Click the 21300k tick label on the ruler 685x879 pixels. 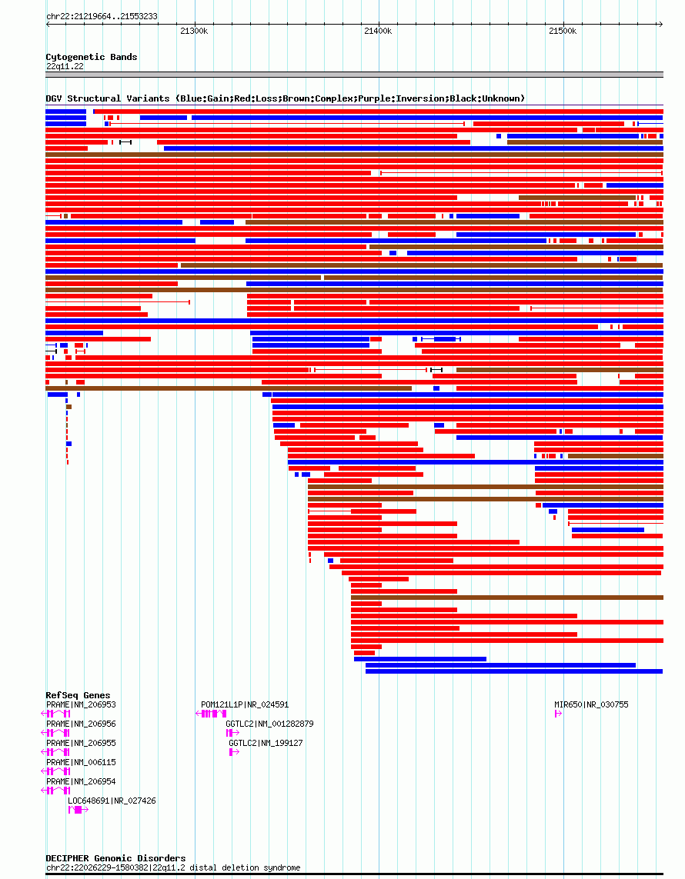click(194, 31)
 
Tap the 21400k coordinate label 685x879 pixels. click(378, 31)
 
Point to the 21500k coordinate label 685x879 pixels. click(563, 31)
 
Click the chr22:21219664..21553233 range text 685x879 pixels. click(102, 16)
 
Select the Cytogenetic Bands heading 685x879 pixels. click(92, 57)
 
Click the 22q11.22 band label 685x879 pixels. click(65, 66)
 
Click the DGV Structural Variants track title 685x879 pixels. click(286, 98)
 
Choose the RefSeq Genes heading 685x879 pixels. click(78, 695)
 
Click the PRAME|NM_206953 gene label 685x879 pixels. click(81, 704)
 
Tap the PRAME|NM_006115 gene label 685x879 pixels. click(81, 762)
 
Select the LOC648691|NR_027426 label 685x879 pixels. click(112, 801)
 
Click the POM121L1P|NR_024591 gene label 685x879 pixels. click(245, 704)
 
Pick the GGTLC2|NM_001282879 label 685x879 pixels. click(269, 724)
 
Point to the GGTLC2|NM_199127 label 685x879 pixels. click(266, 743)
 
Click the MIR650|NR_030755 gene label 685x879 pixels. click(591, 704)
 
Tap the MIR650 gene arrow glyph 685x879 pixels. click(558, 714)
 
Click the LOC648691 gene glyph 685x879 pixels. click(78, 810)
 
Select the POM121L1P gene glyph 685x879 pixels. click(211, 714)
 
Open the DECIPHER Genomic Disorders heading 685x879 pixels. click(115, 858)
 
